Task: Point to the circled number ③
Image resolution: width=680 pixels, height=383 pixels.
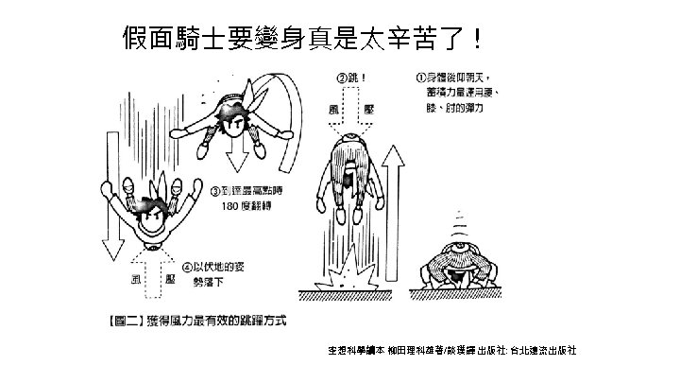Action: (x=215, y=190)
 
